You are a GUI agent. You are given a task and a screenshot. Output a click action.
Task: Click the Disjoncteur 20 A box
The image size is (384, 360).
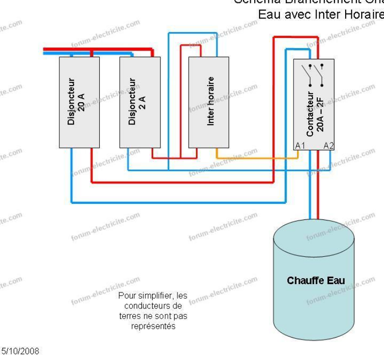tap(79, 102)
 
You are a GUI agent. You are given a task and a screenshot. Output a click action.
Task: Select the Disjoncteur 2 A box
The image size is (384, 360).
tap(140, 102)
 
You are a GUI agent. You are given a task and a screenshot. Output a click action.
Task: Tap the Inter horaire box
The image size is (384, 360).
tap(209, 102)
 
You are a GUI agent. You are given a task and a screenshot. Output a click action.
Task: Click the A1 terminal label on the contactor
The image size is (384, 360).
tap(300, 145)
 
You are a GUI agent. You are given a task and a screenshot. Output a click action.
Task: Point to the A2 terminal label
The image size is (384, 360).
tap(329, 145)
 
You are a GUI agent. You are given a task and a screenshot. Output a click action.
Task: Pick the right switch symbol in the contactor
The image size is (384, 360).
tap(319, 71)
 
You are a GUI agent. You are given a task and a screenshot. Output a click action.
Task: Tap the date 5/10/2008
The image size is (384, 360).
tap(21, 351)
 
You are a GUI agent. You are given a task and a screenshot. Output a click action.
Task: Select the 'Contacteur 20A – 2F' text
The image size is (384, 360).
tap(314, 113)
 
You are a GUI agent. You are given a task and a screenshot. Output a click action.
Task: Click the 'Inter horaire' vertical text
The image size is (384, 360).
tap(210, 101)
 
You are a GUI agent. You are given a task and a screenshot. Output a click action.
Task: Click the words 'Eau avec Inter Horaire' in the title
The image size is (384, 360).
tap(321, 14)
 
